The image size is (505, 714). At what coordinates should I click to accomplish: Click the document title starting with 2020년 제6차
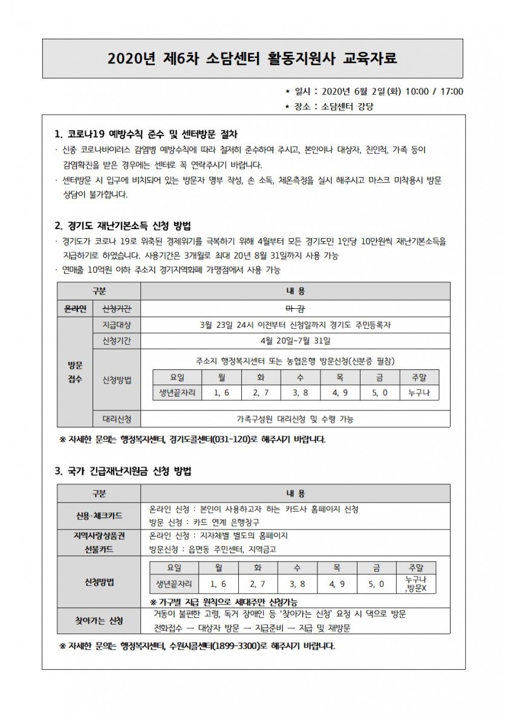click(253, 59)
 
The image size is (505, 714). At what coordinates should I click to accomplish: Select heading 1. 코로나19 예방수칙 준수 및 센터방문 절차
click(151, 134)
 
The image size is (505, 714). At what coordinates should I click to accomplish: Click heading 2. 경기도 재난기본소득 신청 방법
click(123, 227)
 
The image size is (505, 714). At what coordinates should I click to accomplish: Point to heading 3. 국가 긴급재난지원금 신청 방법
click(124, 470)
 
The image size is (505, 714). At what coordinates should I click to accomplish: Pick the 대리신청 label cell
click(117, 418)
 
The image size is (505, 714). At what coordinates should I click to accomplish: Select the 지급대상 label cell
click(117, 325)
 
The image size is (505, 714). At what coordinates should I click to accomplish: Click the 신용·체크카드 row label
click(99, 515)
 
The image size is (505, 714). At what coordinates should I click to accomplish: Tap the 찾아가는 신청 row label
click(99, 621)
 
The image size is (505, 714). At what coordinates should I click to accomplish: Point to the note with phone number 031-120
click(196, 439)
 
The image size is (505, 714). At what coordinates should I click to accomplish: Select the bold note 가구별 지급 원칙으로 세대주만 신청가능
click(224, 602)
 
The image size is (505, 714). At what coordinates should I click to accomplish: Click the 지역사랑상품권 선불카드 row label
click(99, 542)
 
